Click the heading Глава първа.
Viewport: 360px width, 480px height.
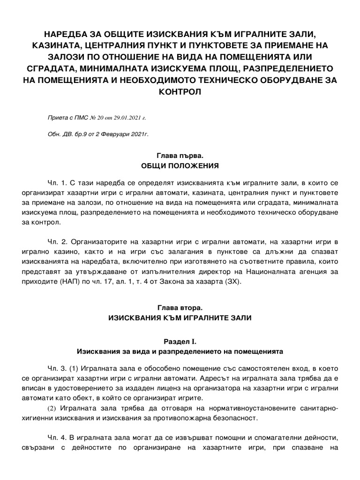point(180,155)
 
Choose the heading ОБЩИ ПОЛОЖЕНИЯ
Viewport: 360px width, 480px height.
point(180,166)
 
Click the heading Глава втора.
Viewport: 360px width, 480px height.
point(180,308)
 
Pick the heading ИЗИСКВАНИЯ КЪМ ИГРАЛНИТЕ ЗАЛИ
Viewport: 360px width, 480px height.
point(180,318)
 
